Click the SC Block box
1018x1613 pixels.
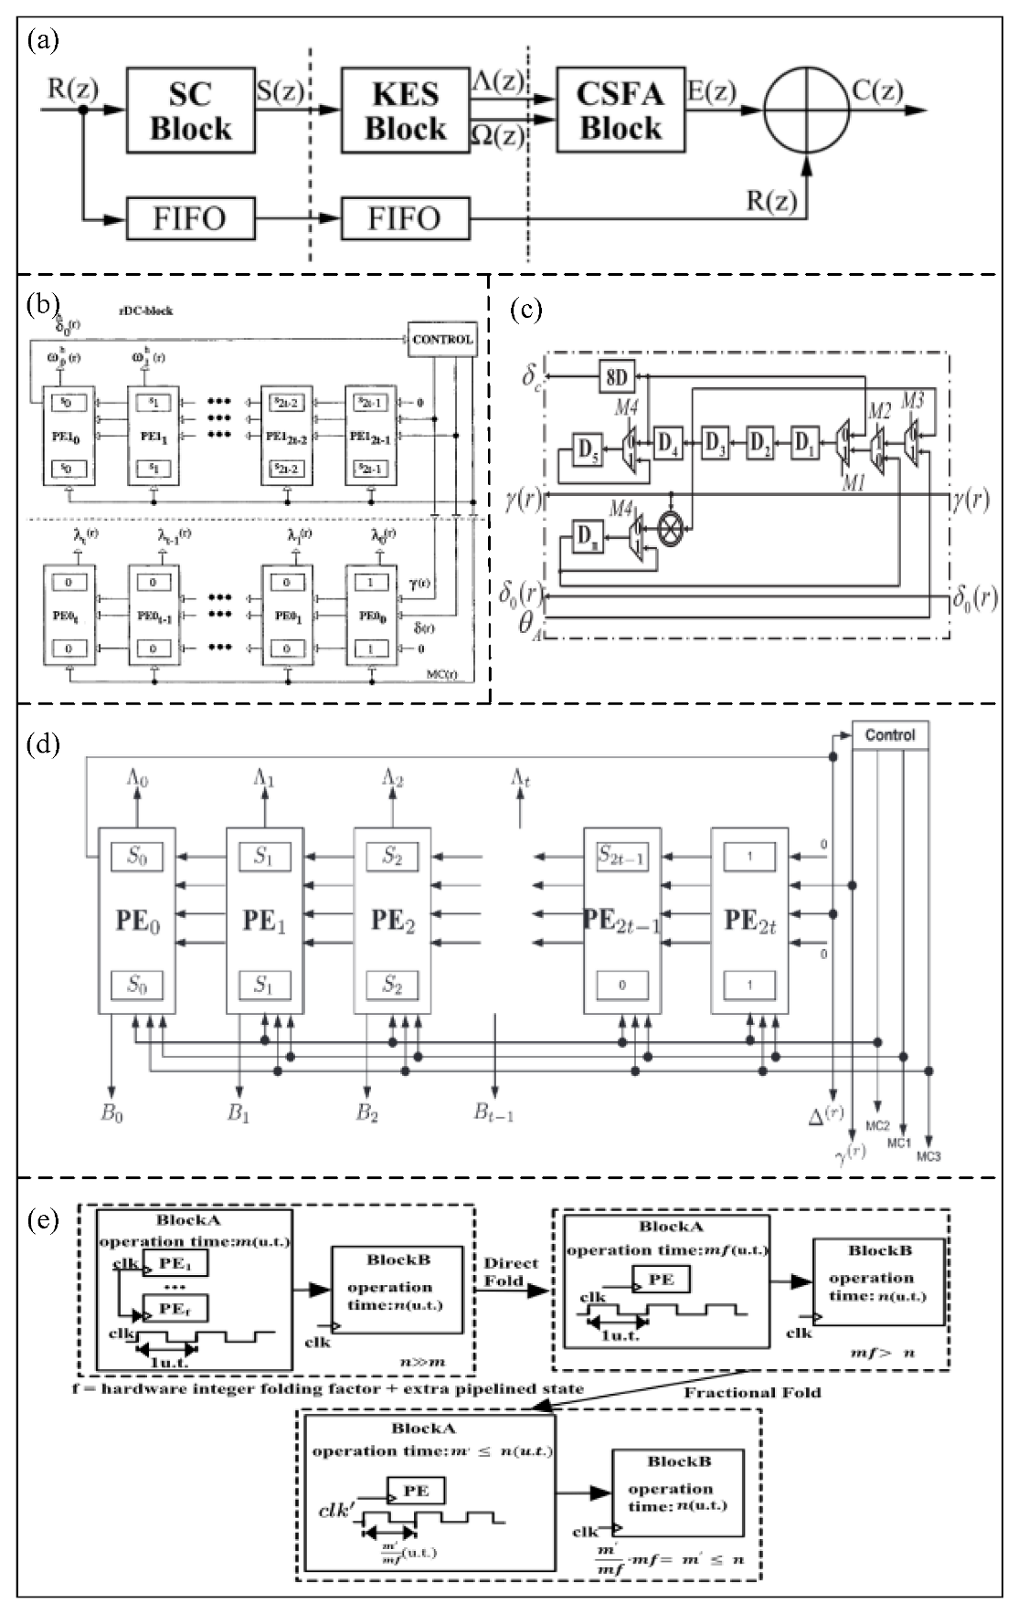pyautogui.click(x=190, y=111)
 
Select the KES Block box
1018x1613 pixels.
pyautogui.click(x=405, y=111)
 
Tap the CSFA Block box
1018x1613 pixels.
pyautogui.click(x=620, y=110)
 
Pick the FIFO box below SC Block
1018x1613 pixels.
pyautogui.click(x=190, y=219)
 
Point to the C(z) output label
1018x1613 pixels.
pyautogui.click(x=877, y=90)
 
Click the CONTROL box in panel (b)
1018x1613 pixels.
pyautogui.click(x=442, y=339)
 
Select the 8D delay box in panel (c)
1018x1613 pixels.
pyautogui.click(x=618, y=375)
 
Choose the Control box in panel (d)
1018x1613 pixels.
pyautogui.click(x=890, y=734)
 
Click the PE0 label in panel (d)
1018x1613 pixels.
pyautogui.click(x=137, y=921)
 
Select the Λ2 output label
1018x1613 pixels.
pyautogui.click(x=393, y=779)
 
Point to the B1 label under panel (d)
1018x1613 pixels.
pyautogui.click(x=239, y=1113)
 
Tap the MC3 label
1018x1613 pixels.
pyautogui.click(x=928, y=1156)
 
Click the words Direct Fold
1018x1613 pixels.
pyautogui.click(x=512, y=1272)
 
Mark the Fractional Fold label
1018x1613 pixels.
pyautogui.click(x=752, y=1392)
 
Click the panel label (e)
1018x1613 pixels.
pyautogui.click(x=44, y=1219)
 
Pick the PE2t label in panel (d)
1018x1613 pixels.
pyautogui.click(x=750, y=921)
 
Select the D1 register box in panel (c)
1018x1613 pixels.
pyautogui.click(x=804, y=444)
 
